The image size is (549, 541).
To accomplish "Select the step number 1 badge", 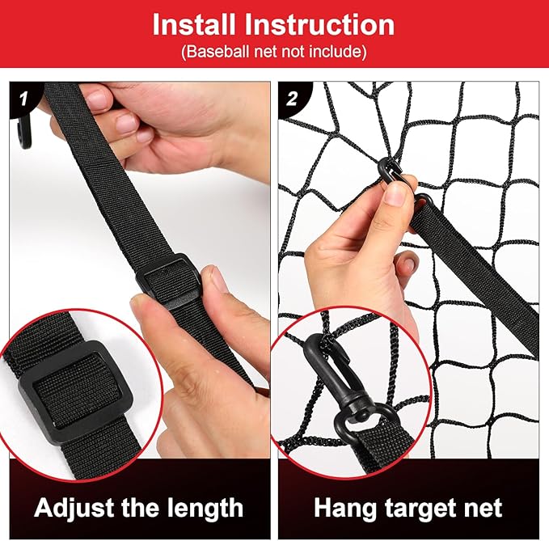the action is coord(23,99).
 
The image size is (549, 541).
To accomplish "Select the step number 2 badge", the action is coord(292,99).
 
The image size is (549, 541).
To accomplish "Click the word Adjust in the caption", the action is coord(75,509).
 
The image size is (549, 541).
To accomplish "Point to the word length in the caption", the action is coord(205,509).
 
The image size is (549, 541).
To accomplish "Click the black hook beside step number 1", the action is coord(24,133).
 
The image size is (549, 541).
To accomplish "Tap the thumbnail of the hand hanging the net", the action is coord(396,195).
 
